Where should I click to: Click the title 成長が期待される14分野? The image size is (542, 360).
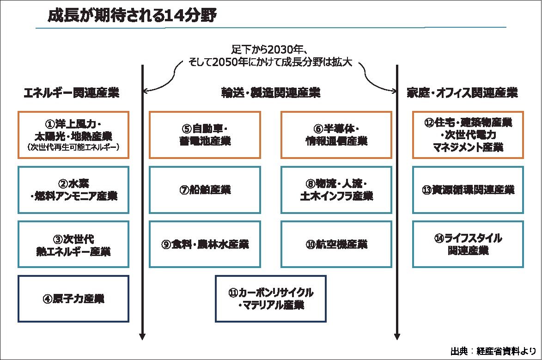point(132,16)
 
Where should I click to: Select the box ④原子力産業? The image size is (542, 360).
point(73,299)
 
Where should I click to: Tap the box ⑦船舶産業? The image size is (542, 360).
point(205,189)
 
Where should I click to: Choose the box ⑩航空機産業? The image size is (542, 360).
point(336,244)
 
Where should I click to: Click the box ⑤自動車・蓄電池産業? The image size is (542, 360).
point(205,134)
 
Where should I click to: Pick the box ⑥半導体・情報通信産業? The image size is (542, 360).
point(336,134)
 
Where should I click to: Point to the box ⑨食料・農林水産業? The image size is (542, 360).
point(205,244)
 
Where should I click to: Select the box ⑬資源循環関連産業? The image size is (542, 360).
point(468,189)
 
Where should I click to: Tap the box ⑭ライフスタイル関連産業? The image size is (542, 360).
point(468,244)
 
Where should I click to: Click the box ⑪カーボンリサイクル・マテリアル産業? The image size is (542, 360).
point(271,299)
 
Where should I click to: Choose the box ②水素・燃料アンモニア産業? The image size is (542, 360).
point(73,189)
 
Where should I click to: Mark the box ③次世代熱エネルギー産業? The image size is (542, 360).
point(73,244)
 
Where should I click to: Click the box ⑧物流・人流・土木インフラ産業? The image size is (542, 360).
point(336,189)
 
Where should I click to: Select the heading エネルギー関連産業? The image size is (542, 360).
point(72,93)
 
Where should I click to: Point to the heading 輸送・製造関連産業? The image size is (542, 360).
point(271,93)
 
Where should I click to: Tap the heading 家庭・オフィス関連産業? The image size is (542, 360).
point(462,93)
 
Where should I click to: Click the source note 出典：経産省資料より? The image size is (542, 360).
point(493,350)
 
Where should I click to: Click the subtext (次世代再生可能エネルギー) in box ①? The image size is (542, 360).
point(73,147)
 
